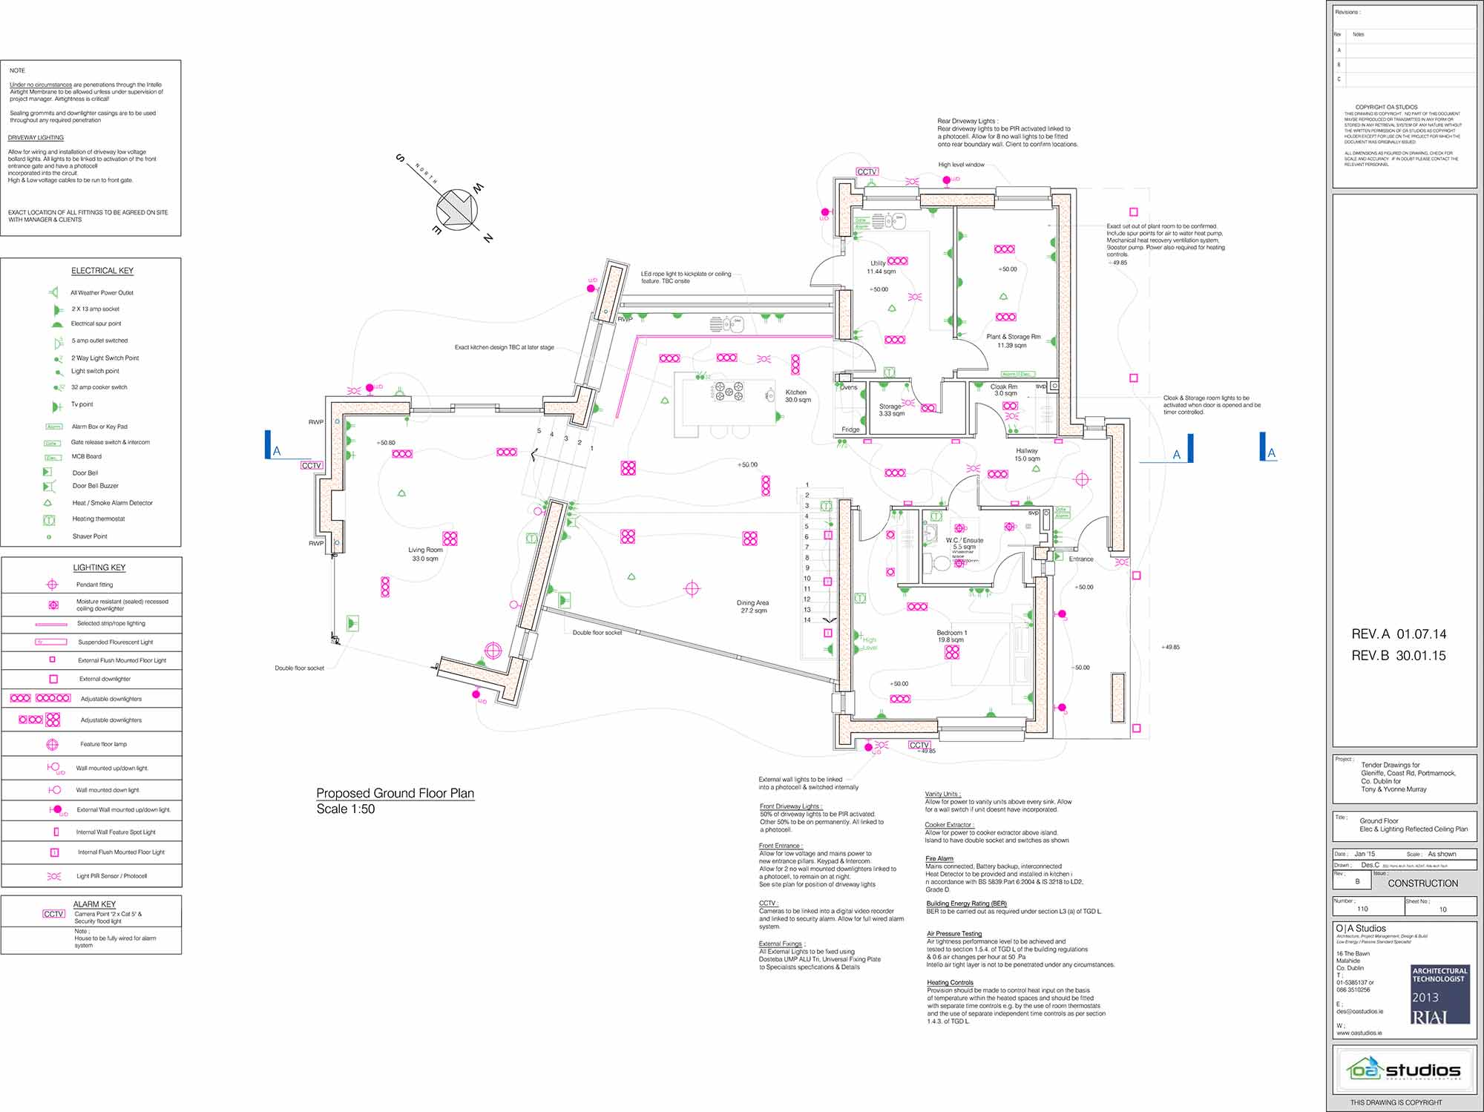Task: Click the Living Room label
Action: tap(425, 550)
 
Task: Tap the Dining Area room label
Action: tap(752, 603)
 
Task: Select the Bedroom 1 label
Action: tap(951, 633)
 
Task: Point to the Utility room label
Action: tap(878, 263)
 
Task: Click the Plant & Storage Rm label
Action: tap(1013, 337)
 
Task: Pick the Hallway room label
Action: tap(1027, 451)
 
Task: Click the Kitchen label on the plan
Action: tap(795, 392)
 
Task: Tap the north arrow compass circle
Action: tap(456, 208)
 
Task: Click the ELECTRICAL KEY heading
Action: tap(102, 271)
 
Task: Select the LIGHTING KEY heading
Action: tap(99, 567)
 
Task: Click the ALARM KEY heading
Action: tap(94, 904)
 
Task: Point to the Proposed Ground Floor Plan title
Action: tap(395, 793)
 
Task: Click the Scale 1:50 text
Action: tap(346, 809)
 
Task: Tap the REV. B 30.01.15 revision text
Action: tap(1398, 656)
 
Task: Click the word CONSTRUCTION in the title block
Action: tap(1422, 884)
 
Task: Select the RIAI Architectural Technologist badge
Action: tap(1439, 994)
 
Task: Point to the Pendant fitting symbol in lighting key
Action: tap(52, 585)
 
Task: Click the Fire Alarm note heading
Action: tap(939, 858)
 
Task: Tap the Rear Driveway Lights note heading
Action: tap(967, 121)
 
